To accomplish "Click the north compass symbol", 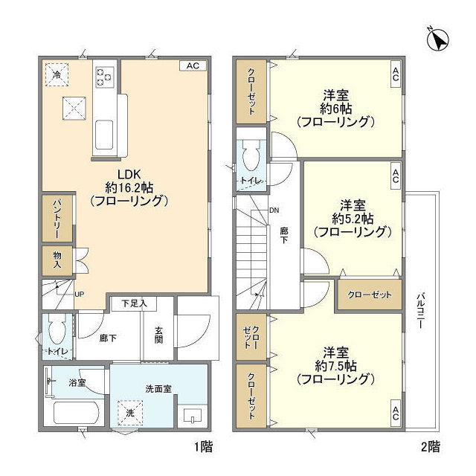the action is tap(437, 39).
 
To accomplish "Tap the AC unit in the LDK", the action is tap(193, 65).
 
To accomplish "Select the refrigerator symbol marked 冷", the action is tap(57, 74).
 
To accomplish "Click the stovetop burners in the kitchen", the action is tap(104, 77).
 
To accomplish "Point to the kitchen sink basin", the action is tap(104, 135).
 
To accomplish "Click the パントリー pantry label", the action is tap(57, 219).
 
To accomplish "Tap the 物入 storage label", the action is tap(57, 260).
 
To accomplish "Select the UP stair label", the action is tap(80, 295).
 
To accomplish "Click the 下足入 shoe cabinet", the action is tap(134, 303).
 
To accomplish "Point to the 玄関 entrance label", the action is tap(158, 335).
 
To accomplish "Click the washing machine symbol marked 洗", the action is tap(130, 413).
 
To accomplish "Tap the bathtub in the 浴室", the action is tap(76, 413).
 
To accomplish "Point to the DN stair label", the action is tap(274, 210).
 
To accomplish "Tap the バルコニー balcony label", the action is tap(420, 311).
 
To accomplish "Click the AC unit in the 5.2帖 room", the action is tap(396, 176).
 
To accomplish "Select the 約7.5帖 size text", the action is tap(335, 367).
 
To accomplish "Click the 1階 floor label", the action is tap(203, 446).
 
